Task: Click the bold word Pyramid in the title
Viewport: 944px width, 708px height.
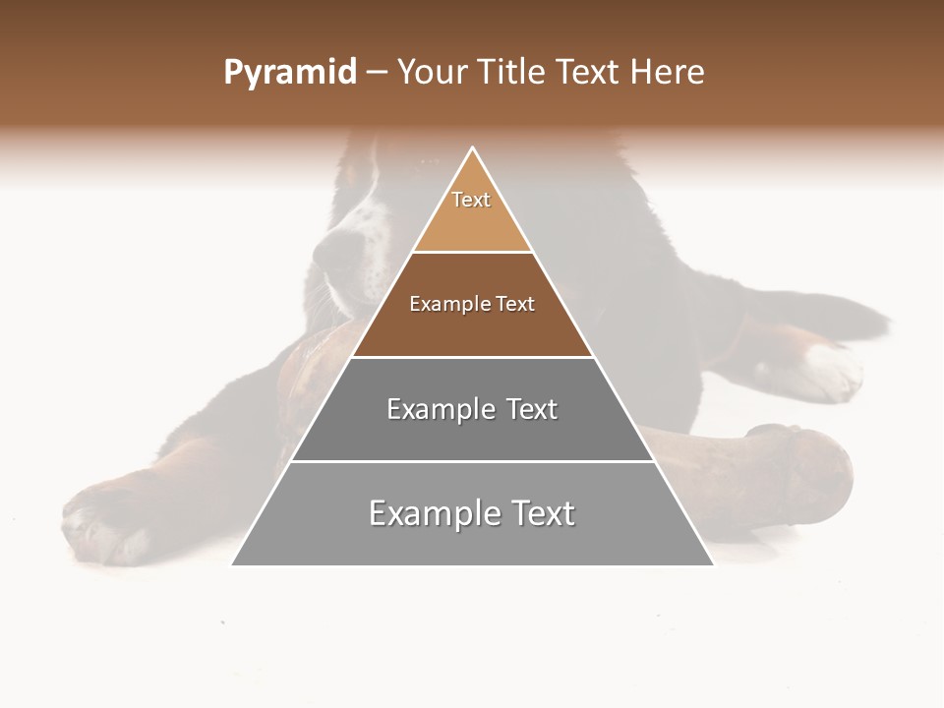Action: (289, 73)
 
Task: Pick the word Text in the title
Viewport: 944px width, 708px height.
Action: (587, 72)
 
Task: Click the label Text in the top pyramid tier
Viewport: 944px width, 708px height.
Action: (471, 200)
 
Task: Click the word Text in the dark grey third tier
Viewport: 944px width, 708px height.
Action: (532, 409)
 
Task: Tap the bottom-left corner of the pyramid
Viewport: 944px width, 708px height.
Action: (232, 564)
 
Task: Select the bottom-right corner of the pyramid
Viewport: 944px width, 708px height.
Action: (714, 564)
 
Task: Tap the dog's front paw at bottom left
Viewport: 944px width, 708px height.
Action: (98, 521)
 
